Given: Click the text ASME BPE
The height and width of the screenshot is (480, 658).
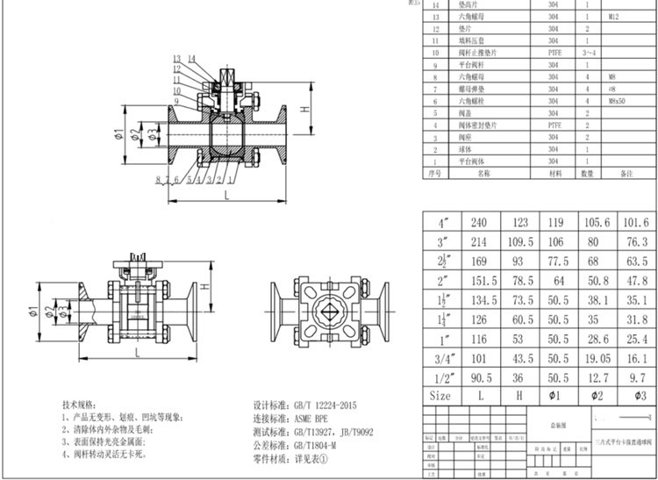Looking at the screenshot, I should tap(315, 419).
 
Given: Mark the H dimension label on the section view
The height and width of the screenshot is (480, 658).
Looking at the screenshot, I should tap(303, 109).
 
